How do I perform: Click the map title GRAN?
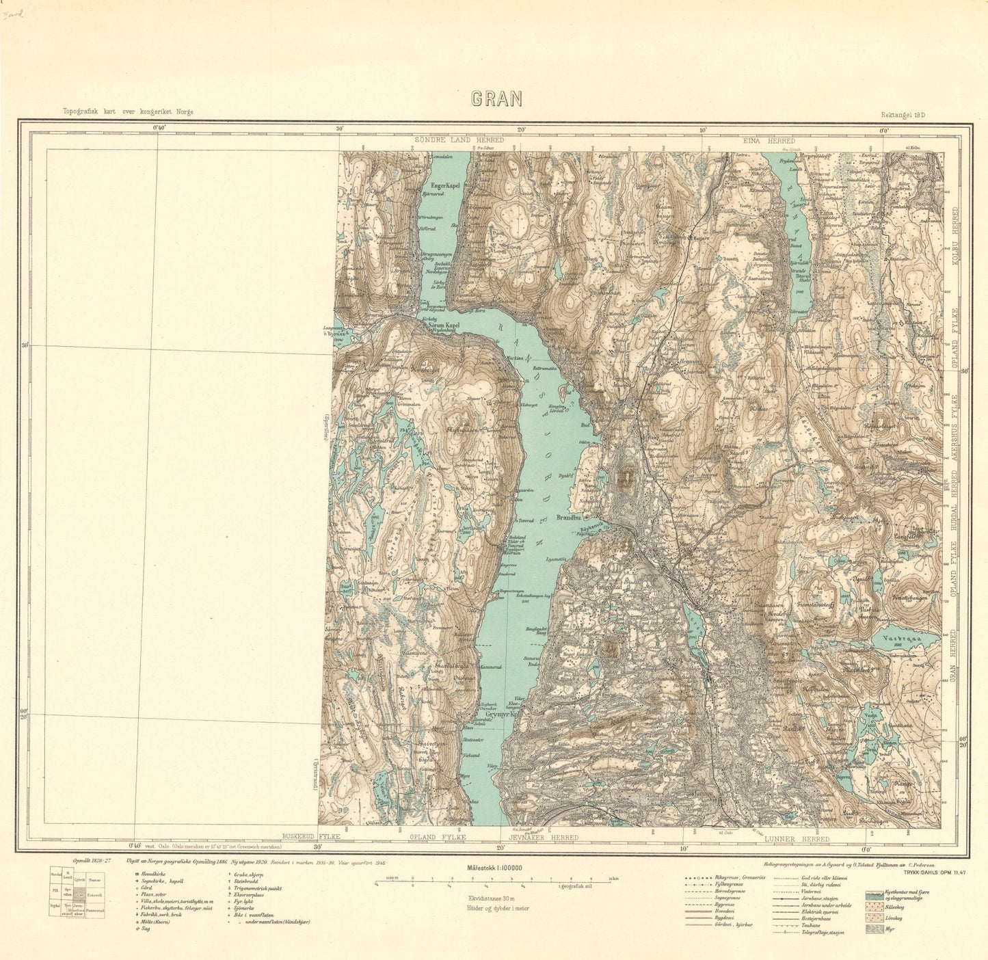(496, 99)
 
